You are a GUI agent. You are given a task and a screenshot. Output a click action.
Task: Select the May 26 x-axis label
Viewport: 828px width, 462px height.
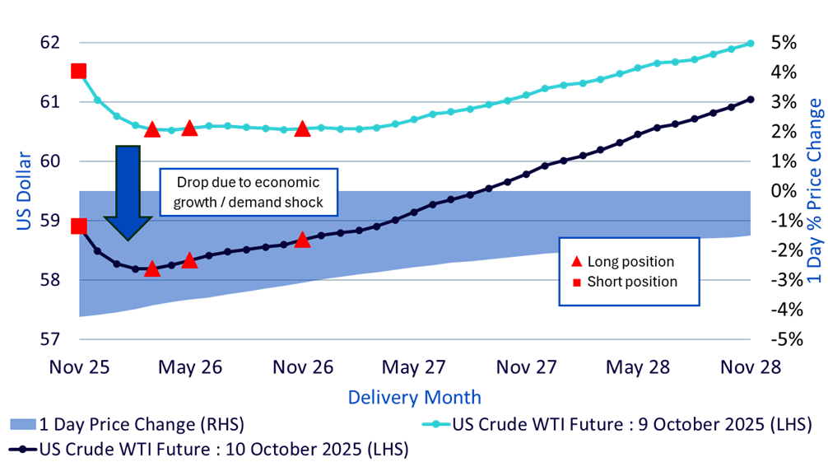189,366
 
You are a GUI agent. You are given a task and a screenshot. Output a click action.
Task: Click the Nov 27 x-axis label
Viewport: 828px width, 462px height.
527,366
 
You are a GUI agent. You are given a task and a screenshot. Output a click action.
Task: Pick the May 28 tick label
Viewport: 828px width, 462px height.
638,366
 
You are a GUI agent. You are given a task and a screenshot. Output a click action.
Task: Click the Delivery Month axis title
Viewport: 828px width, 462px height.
414,397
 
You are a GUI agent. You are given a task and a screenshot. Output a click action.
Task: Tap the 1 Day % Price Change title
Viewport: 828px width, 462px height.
814,191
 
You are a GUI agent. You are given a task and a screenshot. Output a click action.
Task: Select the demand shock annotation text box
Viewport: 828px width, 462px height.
248,191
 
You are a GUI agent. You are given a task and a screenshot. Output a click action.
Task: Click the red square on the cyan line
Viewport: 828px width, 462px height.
79,71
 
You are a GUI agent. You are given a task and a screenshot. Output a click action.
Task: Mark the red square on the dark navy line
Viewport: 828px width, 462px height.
79,226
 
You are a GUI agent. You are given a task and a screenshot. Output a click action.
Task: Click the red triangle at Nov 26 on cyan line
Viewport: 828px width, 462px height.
302,128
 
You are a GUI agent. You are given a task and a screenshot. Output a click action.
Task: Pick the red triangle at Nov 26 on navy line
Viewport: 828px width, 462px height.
302,240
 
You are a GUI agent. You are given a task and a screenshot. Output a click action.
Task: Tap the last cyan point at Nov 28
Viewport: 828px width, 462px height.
751,43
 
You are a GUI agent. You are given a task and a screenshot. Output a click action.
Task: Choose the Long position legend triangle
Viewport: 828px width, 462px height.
576,262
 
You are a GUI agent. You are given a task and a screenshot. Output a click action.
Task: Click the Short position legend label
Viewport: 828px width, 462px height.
632,282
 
